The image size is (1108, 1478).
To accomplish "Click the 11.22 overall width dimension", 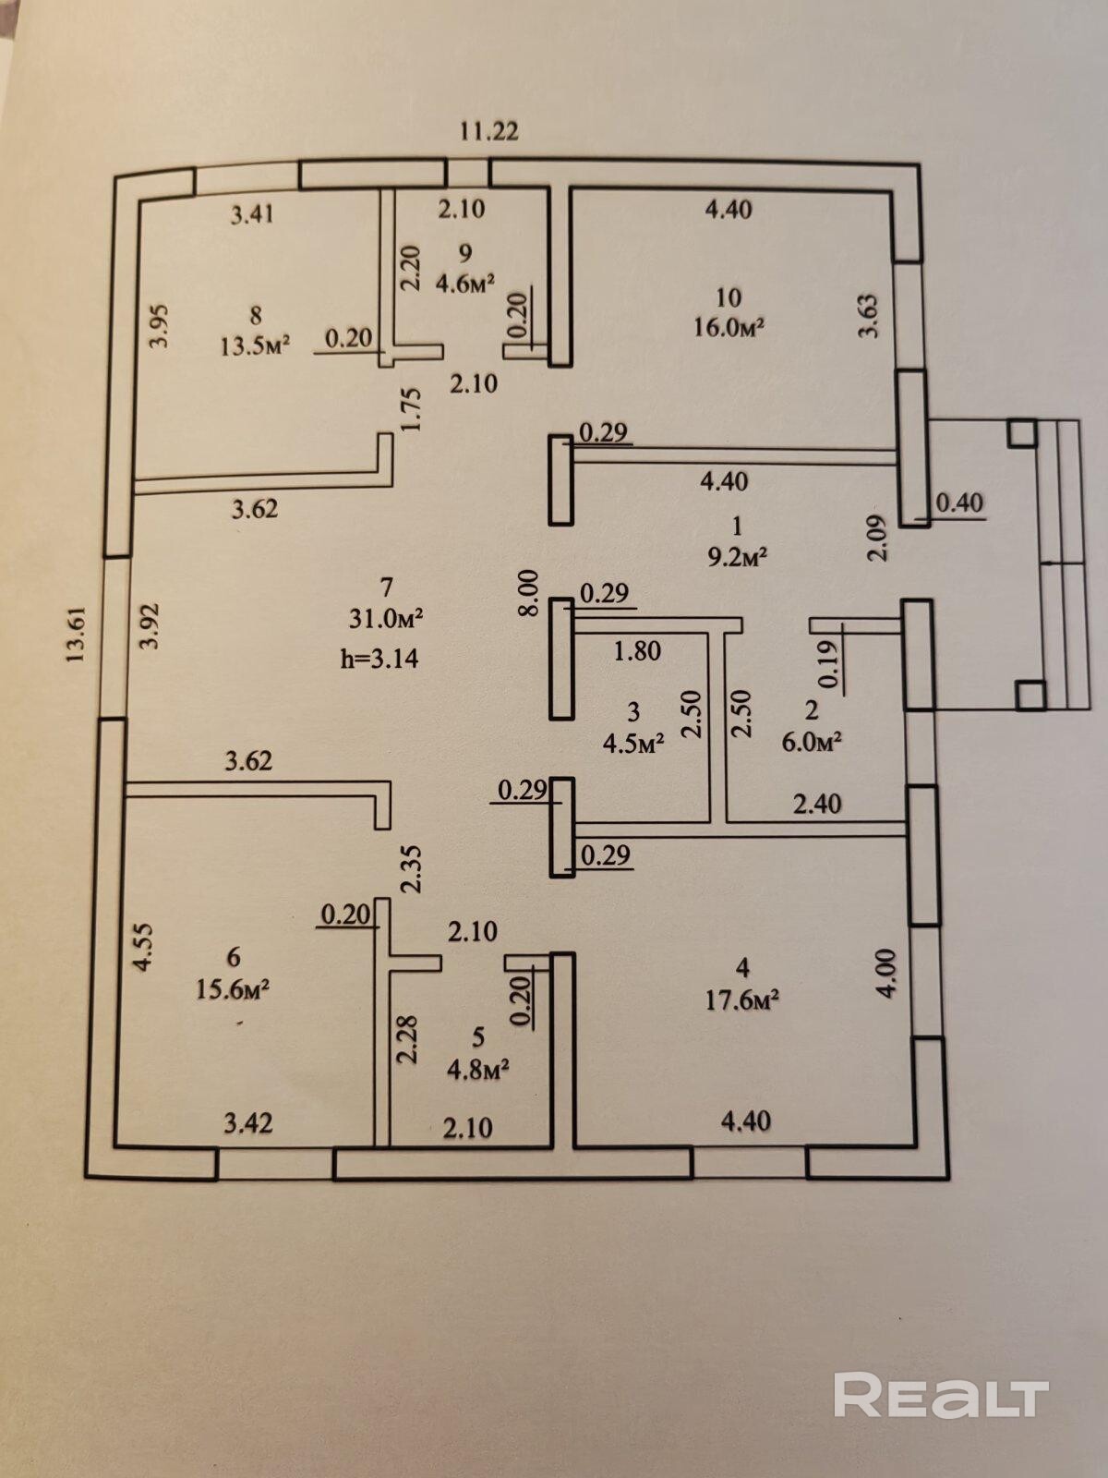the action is pos(489,130).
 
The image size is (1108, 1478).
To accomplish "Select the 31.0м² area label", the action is pos(385,618).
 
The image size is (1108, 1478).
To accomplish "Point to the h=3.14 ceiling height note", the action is pos(379,657).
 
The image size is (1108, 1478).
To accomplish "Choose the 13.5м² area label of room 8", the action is pos(255,345).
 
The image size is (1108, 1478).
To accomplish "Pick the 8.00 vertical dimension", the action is pos(529,592).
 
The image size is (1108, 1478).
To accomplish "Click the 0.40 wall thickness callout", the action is pos(959,503).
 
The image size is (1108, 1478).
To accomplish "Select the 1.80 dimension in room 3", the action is pos(637,650).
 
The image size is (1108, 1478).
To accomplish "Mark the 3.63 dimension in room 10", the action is pos(869,315).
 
